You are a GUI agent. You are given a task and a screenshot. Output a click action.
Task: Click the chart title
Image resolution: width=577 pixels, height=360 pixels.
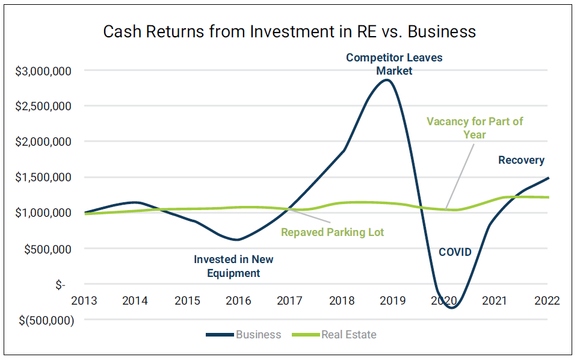click(289, 31)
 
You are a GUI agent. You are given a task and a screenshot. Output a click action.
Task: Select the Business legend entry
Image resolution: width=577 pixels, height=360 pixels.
click(258, 335)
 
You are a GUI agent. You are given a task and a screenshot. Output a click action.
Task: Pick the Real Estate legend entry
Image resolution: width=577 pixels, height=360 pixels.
click(348, 335)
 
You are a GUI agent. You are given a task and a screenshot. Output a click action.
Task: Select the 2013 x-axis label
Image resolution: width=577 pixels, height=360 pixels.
click(84, 300)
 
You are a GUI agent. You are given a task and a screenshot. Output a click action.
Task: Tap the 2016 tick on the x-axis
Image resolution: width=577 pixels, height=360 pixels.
click(238, 300)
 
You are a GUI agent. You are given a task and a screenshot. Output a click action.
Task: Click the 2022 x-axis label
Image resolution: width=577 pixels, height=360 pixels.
click(546, 300)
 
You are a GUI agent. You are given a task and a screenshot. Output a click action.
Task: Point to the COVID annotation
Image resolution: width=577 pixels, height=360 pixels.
click(455, 252)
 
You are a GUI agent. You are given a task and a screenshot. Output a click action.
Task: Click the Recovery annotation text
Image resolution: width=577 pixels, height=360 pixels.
click(521, 160)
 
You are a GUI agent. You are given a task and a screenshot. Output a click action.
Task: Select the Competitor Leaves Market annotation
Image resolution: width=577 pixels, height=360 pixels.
click(394, 64)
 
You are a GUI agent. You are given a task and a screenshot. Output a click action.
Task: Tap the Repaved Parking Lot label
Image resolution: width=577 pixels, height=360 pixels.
click(333, 232)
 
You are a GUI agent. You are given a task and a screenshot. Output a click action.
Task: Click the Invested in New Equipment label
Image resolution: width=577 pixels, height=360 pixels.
click(233, 266)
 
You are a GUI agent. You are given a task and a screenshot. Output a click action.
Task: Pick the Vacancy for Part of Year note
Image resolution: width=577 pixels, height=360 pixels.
click(475, 128)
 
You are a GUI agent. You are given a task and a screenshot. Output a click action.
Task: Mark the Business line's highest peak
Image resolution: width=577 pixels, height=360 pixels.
click(388, 80)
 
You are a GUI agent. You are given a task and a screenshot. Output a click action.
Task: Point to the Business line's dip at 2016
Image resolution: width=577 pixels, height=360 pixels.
click(238, 240)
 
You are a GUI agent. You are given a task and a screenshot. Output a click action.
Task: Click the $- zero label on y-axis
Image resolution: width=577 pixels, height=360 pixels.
click(60, 284)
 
